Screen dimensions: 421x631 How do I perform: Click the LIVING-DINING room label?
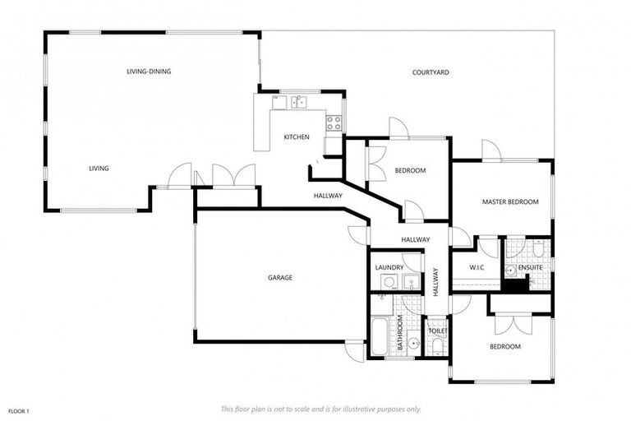click(149, 72)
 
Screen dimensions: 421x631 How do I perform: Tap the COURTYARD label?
click(431, 73)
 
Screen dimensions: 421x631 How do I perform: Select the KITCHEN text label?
click(297, 136)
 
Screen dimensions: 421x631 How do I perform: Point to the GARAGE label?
click(279, 278)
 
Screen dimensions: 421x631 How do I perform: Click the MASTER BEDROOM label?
click(510, 201)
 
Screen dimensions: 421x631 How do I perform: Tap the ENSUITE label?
click(531, 267)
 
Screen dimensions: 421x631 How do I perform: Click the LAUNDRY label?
click(389, 267)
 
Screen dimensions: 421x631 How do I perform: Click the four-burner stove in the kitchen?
click(334, 123)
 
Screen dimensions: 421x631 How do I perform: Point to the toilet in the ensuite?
click(537, 248)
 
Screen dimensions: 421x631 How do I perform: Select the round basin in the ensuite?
click(511, 270)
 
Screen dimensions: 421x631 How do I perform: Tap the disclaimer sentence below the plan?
click(320, 409)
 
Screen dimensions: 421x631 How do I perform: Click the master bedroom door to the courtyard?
click(491, 150)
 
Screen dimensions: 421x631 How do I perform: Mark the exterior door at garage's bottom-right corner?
click(354, 351)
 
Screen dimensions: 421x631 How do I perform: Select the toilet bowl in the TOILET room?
click(437, 346)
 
